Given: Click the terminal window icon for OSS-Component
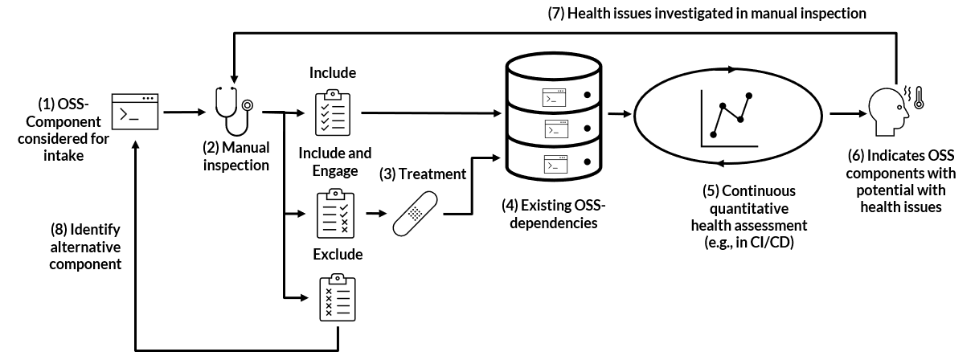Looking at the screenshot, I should point(135,112).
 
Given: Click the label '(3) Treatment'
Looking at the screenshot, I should point(422,173).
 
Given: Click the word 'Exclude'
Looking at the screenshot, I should point(338,255).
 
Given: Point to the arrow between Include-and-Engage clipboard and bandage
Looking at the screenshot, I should point(375,215).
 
